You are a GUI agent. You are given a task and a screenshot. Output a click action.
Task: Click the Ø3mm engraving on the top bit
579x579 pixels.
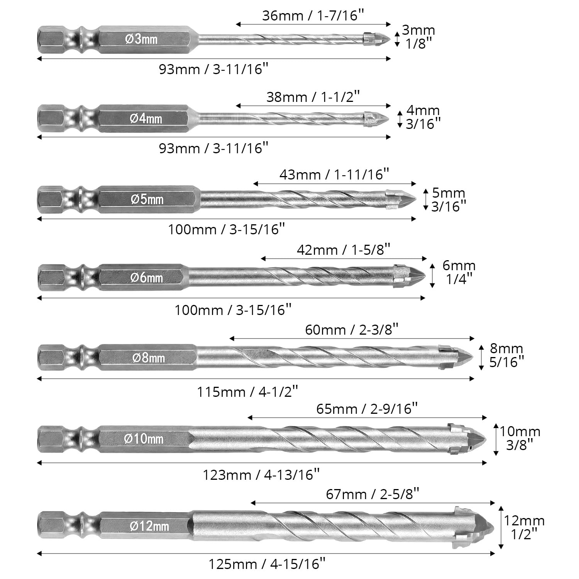tap(142, 39)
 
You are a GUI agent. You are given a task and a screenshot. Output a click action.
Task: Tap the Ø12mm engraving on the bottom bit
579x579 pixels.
tap(149, 526)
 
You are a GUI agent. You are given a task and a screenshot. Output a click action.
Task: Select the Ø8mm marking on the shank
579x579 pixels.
tap(149, 358)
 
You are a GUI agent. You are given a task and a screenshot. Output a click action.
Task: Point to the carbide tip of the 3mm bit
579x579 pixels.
tap(378, 39)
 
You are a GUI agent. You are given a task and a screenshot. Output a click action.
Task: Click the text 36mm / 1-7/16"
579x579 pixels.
tap(313, 15)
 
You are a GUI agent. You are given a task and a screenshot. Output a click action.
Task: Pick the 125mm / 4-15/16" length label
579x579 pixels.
tap(265, 564)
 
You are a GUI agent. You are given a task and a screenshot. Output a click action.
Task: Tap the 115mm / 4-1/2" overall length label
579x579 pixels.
tap(248, 392)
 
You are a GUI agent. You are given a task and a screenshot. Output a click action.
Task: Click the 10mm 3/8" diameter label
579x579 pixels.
tap(520, 438)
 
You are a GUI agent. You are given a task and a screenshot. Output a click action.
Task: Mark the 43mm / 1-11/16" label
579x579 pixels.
tap(334, 174)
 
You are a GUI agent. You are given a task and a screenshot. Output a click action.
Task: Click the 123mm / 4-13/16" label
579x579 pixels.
tap(261, 475)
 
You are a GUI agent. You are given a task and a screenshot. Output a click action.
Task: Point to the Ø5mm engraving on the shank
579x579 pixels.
tap(147, 199)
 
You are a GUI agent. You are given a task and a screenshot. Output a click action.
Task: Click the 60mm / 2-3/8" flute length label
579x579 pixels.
tap(352, 330)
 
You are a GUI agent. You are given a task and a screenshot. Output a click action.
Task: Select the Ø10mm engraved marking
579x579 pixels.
tap(144, 439)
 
